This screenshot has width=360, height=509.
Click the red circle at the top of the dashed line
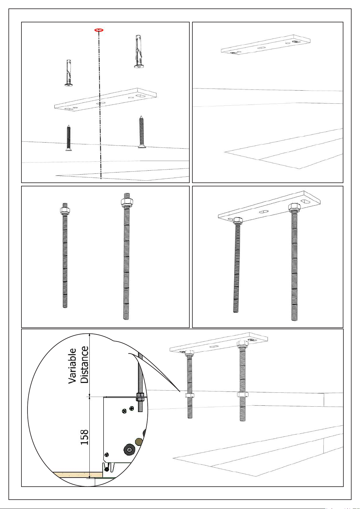tap(99, 30)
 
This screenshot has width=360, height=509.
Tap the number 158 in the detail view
tap(84, 437)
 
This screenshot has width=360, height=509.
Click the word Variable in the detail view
tap(72, 366)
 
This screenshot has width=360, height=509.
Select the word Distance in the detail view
tap(84, 365)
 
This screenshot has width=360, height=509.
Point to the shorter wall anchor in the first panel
tap(69, 73)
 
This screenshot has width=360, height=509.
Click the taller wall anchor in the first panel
tap(139, 52)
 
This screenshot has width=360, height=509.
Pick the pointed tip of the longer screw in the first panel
tap(141, 116)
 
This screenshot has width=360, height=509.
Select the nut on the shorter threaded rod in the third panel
tap(65, 211)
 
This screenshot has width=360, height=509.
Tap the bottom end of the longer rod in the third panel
tap(126, 318)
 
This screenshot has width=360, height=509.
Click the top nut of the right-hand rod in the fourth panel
tap(294, 207)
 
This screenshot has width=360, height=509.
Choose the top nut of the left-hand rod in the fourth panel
tap(238, 220)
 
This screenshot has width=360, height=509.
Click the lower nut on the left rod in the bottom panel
tap(190, 395)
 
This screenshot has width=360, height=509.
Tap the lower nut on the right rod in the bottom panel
tap(243, 395)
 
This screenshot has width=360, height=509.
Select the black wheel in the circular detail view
tap(129, 449)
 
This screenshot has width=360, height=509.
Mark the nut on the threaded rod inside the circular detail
tap(140, 397)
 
